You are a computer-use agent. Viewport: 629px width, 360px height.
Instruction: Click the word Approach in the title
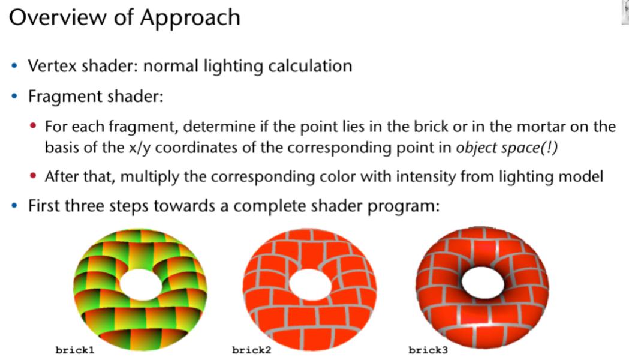(190, 19)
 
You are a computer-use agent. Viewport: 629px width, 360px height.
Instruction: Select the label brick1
(75, 350)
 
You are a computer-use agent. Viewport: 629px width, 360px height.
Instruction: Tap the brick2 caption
(251, 350)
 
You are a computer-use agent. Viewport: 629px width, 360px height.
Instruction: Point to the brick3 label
(428, 350)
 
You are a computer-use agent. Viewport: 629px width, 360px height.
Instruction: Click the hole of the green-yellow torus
(140, 284)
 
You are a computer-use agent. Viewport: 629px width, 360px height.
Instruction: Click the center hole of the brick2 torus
(309, 284)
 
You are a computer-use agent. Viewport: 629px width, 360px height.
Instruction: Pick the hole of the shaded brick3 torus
(483, 282)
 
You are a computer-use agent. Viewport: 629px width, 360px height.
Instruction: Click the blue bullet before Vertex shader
(15, 66)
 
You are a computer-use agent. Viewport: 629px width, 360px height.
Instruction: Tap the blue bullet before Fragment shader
(15, 97)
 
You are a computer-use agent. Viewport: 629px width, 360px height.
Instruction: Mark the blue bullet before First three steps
(15, 206)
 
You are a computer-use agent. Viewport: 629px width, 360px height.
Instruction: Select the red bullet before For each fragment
(34, 127)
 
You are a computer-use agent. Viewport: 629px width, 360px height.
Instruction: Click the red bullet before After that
(34, 176)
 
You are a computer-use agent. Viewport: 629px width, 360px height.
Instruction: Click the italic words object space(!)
(507, 148)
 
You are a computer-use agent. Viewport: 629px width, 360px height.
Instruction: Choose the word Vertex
(52, 66)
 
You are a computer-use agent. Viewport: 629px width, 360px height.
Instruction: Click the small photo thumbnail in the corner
(625, 13)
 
